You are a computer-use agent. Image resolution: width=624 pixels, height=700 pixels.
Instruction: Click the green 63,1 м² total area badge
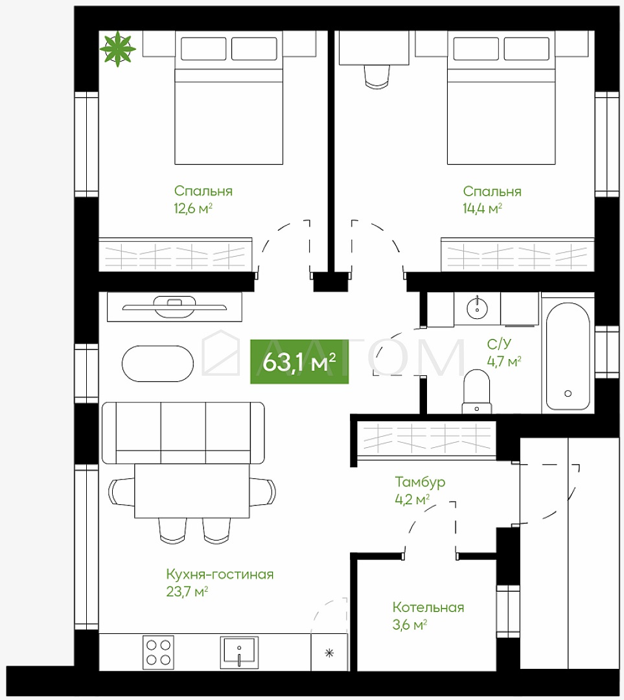pyautogui.click(x=299, y=362)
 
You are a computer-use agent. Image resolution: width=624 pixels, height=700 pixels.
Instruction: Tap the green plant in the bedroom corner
pyautogui.click(x=117, y=49)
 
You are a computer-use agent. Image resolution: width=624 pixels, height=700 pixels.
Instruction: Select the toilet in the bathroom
pyautogui.click(x=477, y=391)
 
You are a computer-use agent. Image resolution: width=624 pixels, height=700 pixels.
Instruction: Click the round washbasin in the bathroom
pyautogui.click(x=477, y=308)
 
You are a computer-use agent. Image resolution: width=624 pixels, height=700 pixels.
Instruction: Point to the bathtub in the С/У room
pyautogui.click(x=568, y=356)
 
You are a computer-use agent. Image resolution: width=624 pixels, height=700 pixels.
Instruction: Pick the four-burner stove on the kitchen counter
pyautogui.click(x=159, y=652)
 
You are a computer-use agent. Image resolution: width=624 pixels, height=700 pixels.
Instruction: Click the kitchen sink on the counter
pyautogui.click(x=239, y=653)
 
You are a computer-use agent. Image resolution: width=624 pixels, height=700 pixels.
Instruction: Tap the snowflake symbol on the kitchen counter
pyautogui.click(x=329, y=653)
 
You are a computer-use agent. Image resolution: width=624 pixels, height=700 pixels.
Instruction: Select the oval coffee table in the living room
pyautogui.click(x=157, y=364)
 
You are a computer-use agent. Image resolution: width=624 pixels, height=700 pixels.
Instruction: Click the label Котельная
pyautogui.click(x=428, y=607)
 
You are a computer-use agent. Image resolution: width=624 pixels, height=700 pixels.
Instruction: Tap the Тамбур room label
pyautogui.click(x=420, y=482)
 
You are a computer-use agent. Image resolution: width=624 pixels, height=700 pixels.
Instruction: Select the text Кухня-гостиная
pyautogui.click(x=220, y=574)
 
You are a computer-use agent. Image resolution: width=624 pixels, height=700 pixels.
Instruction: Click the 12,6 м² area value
pyautogui.click(x=193, y=208)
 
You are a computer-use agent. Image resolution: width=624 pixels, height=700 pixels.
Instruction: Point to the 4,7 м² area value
pyautogui.click(x=504, y=361)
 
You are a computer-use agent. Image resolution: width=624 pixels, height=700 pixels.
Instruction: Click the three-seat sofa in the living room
pyautogui.click(x=183, y=432)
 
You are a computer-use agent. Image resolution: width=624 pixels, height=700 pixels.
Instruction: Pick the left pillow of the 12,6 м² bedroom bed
pyautogui.click(x=203, y=49)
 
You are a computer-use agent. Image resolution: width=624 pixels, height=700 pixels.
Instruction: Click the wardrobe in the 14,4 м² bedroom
pyautogui.click(x=517, y=254)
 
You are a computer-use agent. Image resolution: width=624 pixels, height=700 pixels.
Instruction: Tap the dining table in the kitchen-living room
pyautogui.click(x=192, y=491)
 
